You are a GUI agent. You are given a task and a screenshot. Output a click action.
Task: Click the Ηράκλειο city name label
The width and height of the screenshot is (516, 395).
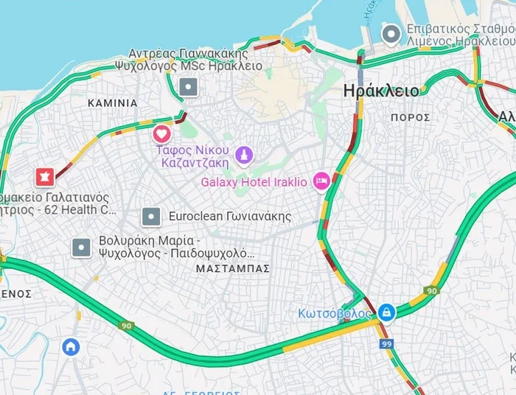coord(381,91)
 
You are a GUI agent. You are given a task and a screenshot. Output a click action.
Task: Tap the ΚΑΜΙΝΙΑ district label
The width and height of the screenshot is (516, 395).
coord(112,103)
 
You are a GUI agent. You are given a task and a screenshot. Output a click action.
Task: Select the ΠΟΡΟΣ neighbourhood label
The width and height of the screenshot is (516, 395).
coord(411,117)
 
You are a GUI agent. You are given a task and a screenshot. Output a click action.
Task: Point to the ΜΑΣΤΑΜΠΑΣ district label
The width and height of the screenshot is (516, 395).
coord(233,268)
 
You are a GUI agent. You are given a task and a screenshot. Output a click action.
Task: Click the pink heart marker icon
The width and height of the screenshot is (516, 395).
coord(161,134)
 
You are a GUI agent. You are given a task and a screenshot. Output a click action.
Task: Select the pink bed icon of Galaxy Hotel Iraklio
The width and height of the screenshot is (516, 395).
coord(321,181)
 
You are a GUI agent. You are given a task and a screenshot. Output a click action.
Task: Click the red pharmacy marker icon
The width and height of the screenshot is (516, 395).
coord(45,177)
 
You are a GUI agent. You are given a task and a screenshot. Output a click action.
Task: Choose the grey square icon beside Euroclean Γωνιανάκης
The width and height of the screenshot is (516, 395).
coord(151,217)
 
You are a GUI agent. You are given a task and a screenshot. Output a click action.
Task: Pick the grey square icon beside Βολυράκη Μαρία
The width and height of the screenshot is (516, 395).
coord(81,248)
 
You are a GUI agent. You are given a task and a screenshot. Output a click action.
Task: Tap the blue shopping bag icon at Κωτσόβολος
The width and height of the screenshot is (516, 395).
coord(386,312)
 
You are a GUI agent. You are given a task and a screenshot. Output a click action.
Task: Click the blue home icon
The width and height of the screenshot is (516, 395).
coord(71,346)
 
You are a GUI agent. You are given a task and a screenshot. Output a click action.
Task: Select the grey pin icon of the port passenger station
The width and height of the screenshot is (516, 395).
coord(390,33)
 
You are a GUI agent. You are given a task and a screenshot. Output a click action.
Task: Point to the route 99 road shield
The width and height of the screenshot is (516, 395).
coord(386,343)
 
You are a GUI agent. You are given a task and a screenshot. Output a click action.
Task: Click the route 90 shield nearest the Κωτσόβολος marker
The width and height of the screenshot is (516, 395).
coord(431,291)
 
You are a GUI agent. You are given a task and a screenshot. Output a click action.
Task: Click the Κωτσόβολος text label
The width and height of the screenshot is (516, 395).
coord(335,313)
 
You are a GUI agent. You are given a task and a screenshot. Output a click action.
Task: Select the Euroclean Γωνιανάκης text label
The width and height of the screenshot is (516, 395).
coord(230,217)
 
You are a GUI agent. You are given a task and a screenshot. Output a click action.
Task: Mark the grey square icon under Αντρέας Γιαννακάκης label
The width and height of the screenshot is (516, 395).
coord(189,88)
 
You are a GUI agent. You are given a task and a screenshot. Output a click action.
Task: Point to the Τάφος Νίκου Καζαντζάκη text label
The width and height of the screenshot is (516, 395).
coord(197,155)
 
